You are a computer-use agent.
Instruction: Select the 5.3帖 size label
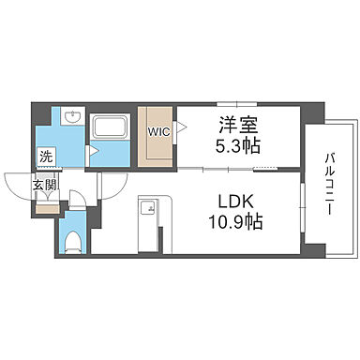tap(238, 146)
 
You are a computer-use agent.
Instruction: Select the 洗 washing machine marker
tap(46, 156)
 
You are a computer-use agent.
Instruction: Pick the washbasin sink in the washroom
tap(74, 119)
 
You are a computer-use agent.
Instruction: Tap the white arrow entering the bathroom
tap(93, 149)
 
